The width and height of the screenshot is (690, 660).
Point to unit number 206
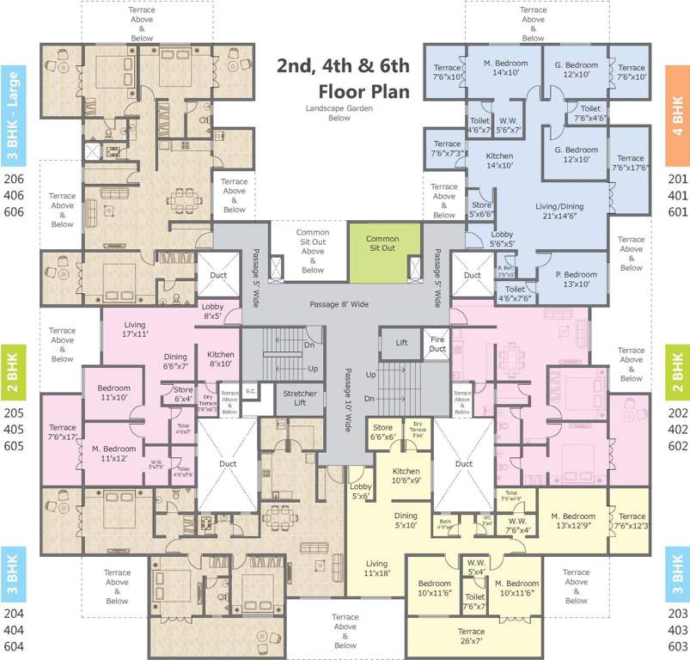[15, 179]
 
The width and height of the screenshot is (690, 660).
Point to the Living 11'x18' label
[376, 567]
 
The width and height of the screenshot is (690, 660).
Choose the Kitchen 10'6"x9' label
[406, 476]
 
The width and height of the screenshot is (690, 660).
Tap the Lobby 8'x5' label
[211, 311]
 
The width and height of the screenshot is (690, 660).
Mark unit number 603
[678, 646]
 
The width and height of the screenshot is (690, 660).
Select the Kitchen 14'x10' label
[499, 162]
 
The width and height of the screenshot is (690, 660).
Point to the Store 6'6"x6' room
[383, 431]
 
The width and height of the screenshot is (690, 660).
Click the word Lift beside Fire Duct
[401, 342]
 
